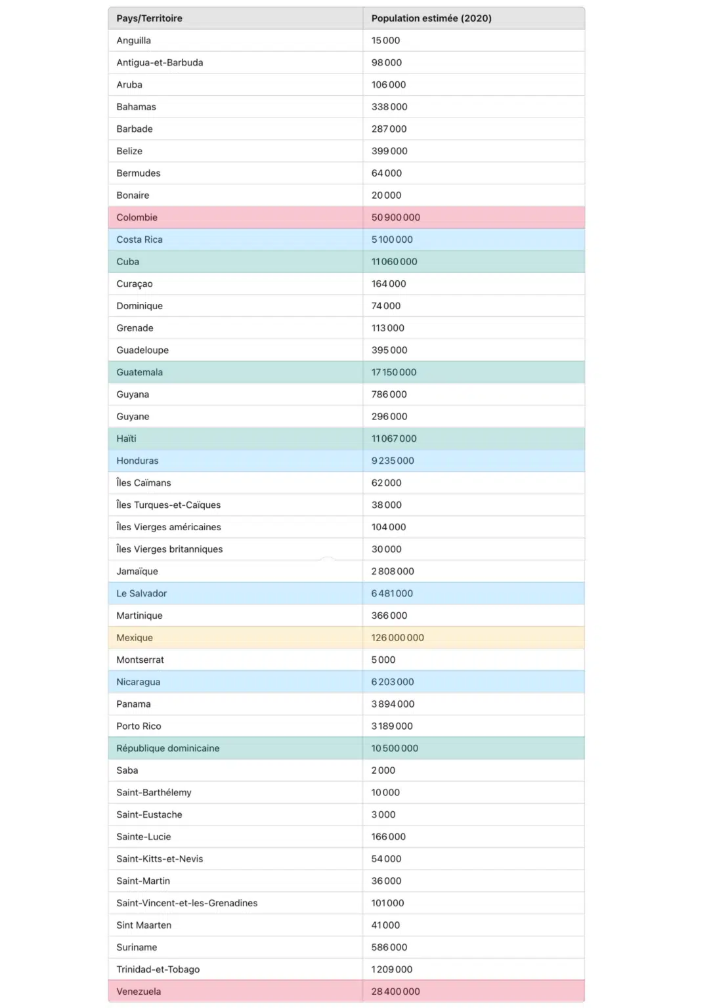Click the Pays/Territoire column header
coord(149,18)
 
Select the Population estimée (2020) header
coord(431,18)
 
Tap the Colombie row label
coord(137,217)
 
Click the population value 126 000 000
coord(397,638)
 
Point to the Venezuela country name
coord(139,992)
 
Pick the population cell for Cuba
coord(394,262)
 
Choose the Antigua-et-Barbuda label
coord(160,62)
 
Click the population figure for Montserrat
coord(383,660)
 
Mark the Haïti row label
coord(126,438)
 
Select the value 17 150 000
coord(394,372)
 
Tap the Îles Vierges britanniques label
coord(169,549)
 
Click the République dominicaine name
coord(167,748)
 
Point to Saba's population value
coord(383,770)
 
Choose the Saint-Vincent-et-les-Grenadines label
coord(186,903)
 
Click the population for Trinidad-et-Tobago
coord(392,969)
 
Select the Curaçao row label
coord(134,283)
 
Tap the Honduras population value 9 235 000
coord(393,461)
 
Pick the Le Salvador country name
coord(141,593)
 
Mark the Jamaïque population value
coord(393,572)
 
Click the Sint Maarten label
coord(144,925)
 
